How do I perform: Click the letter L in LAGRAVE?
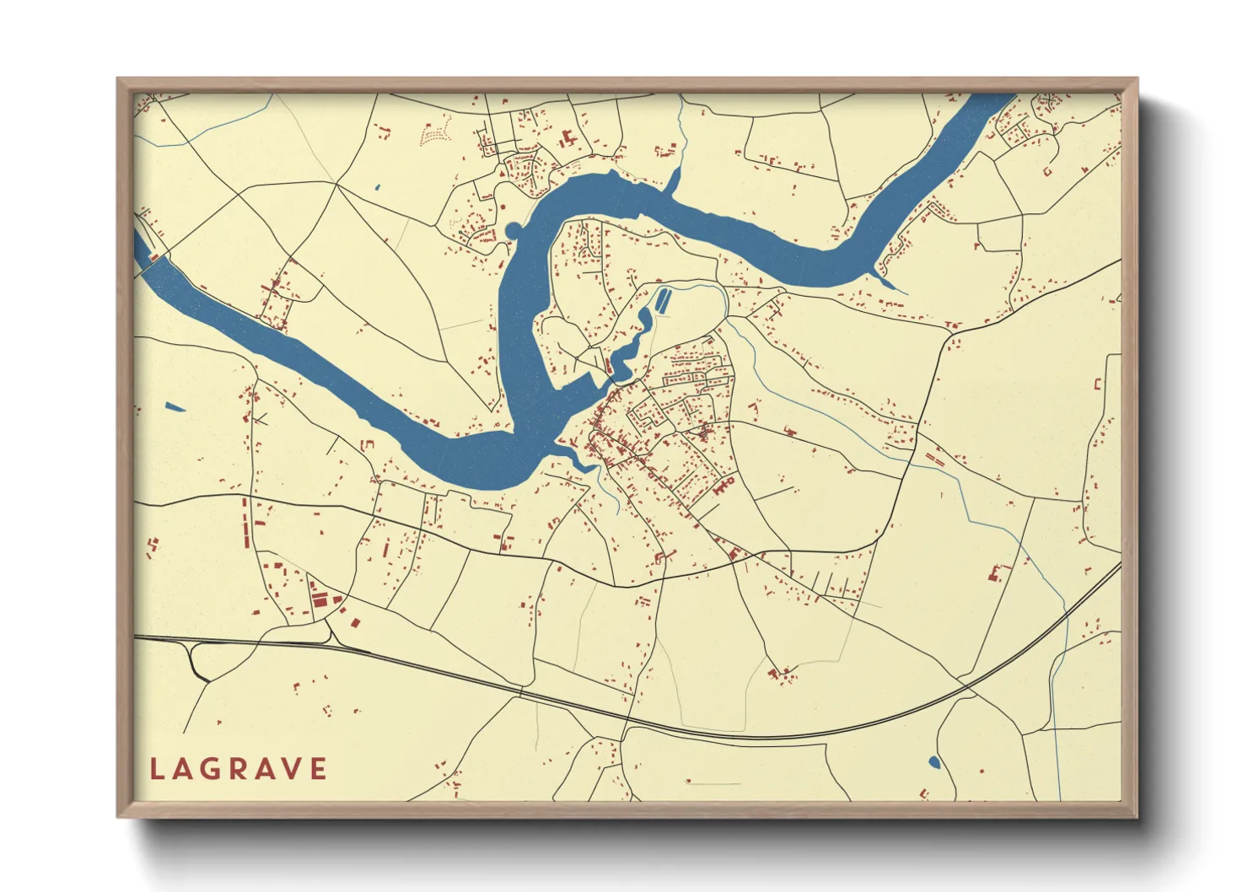click(156, 769)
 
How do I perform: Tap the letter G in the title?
click(211, 769)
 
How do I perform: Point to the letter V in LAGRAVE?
click(292, 769)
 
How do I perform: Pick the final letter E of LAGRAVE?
click(319, 769)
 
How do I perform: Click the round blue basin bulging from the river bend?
click(514, 230)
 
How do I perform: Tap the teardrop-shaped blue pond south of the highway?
click(933, 763)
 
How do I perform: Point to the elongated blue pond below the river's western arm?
click(175, 408)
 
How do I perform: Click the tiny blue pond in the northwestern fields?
click(377, 187)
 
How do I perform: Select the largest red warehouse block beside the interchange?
click(320, 599)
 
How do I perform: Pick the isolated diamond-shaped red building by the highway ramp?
click(355, 623)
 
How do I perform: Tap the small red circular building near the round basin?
click(503, 206)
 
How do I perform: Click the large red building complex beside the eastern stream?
click(998, 574)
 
